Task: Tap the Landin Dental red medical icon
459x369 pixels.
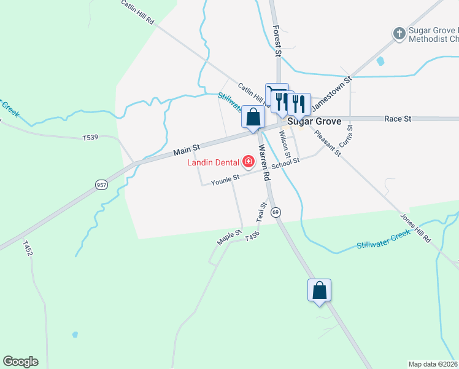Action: (249, 162)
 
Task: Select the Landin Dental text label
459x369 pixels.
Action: (214, 162)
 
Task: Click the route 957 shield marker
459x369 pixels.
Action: (101, 184)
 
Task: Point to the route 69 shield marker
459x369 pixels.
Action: (276, 212)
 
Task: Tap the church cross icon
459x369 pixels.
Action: (399, 33)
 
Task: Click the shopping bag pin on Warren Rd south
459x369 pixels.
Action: (319, 290)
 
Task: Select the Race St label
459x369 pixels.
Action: (397, 118)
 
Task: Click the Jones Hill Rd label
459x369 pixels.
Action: (415, 228)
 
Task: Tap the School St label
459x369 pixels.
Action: (285, 162)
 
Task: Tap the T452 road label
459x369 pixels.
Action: (27, 248)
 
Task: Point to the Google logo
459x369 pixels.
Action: (20, 362)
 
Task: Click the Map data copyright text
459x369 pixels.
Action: (433, 364)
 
